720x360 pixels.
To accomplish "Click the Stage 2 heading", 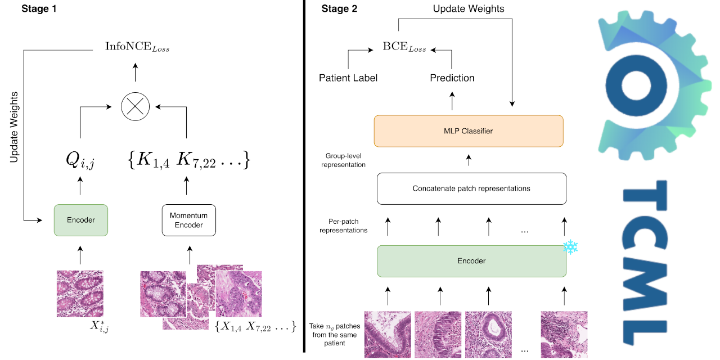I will click(339, 9).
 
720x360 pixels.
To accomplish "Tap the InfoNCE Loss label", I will click(137, 47).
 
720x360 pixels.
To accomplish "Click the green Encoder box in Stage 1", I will click(81, 220).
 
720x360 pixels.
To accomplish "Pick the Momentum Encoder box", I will click(189, 220).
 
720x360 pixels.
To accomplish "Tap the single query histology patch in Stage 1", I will click(80, 293).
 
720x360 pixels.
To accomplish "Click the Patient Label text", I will click(348, 78).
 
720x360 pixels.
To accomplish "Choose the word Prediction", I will click(452, 78).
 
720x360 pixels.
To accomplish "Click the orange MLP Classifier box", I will click(469, 131).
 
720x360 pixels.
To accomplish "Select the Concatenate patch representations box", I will click(471, 188).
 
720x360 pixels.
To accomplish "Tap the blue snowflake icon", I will click(571, 247).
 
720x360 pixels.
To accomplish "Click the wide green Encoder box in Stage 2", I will click(471, 260).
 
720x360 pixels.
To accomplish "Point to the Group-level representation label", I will click(346, 160).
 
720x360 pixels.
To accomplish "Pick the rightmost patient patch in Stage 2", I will click(564, 334).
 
